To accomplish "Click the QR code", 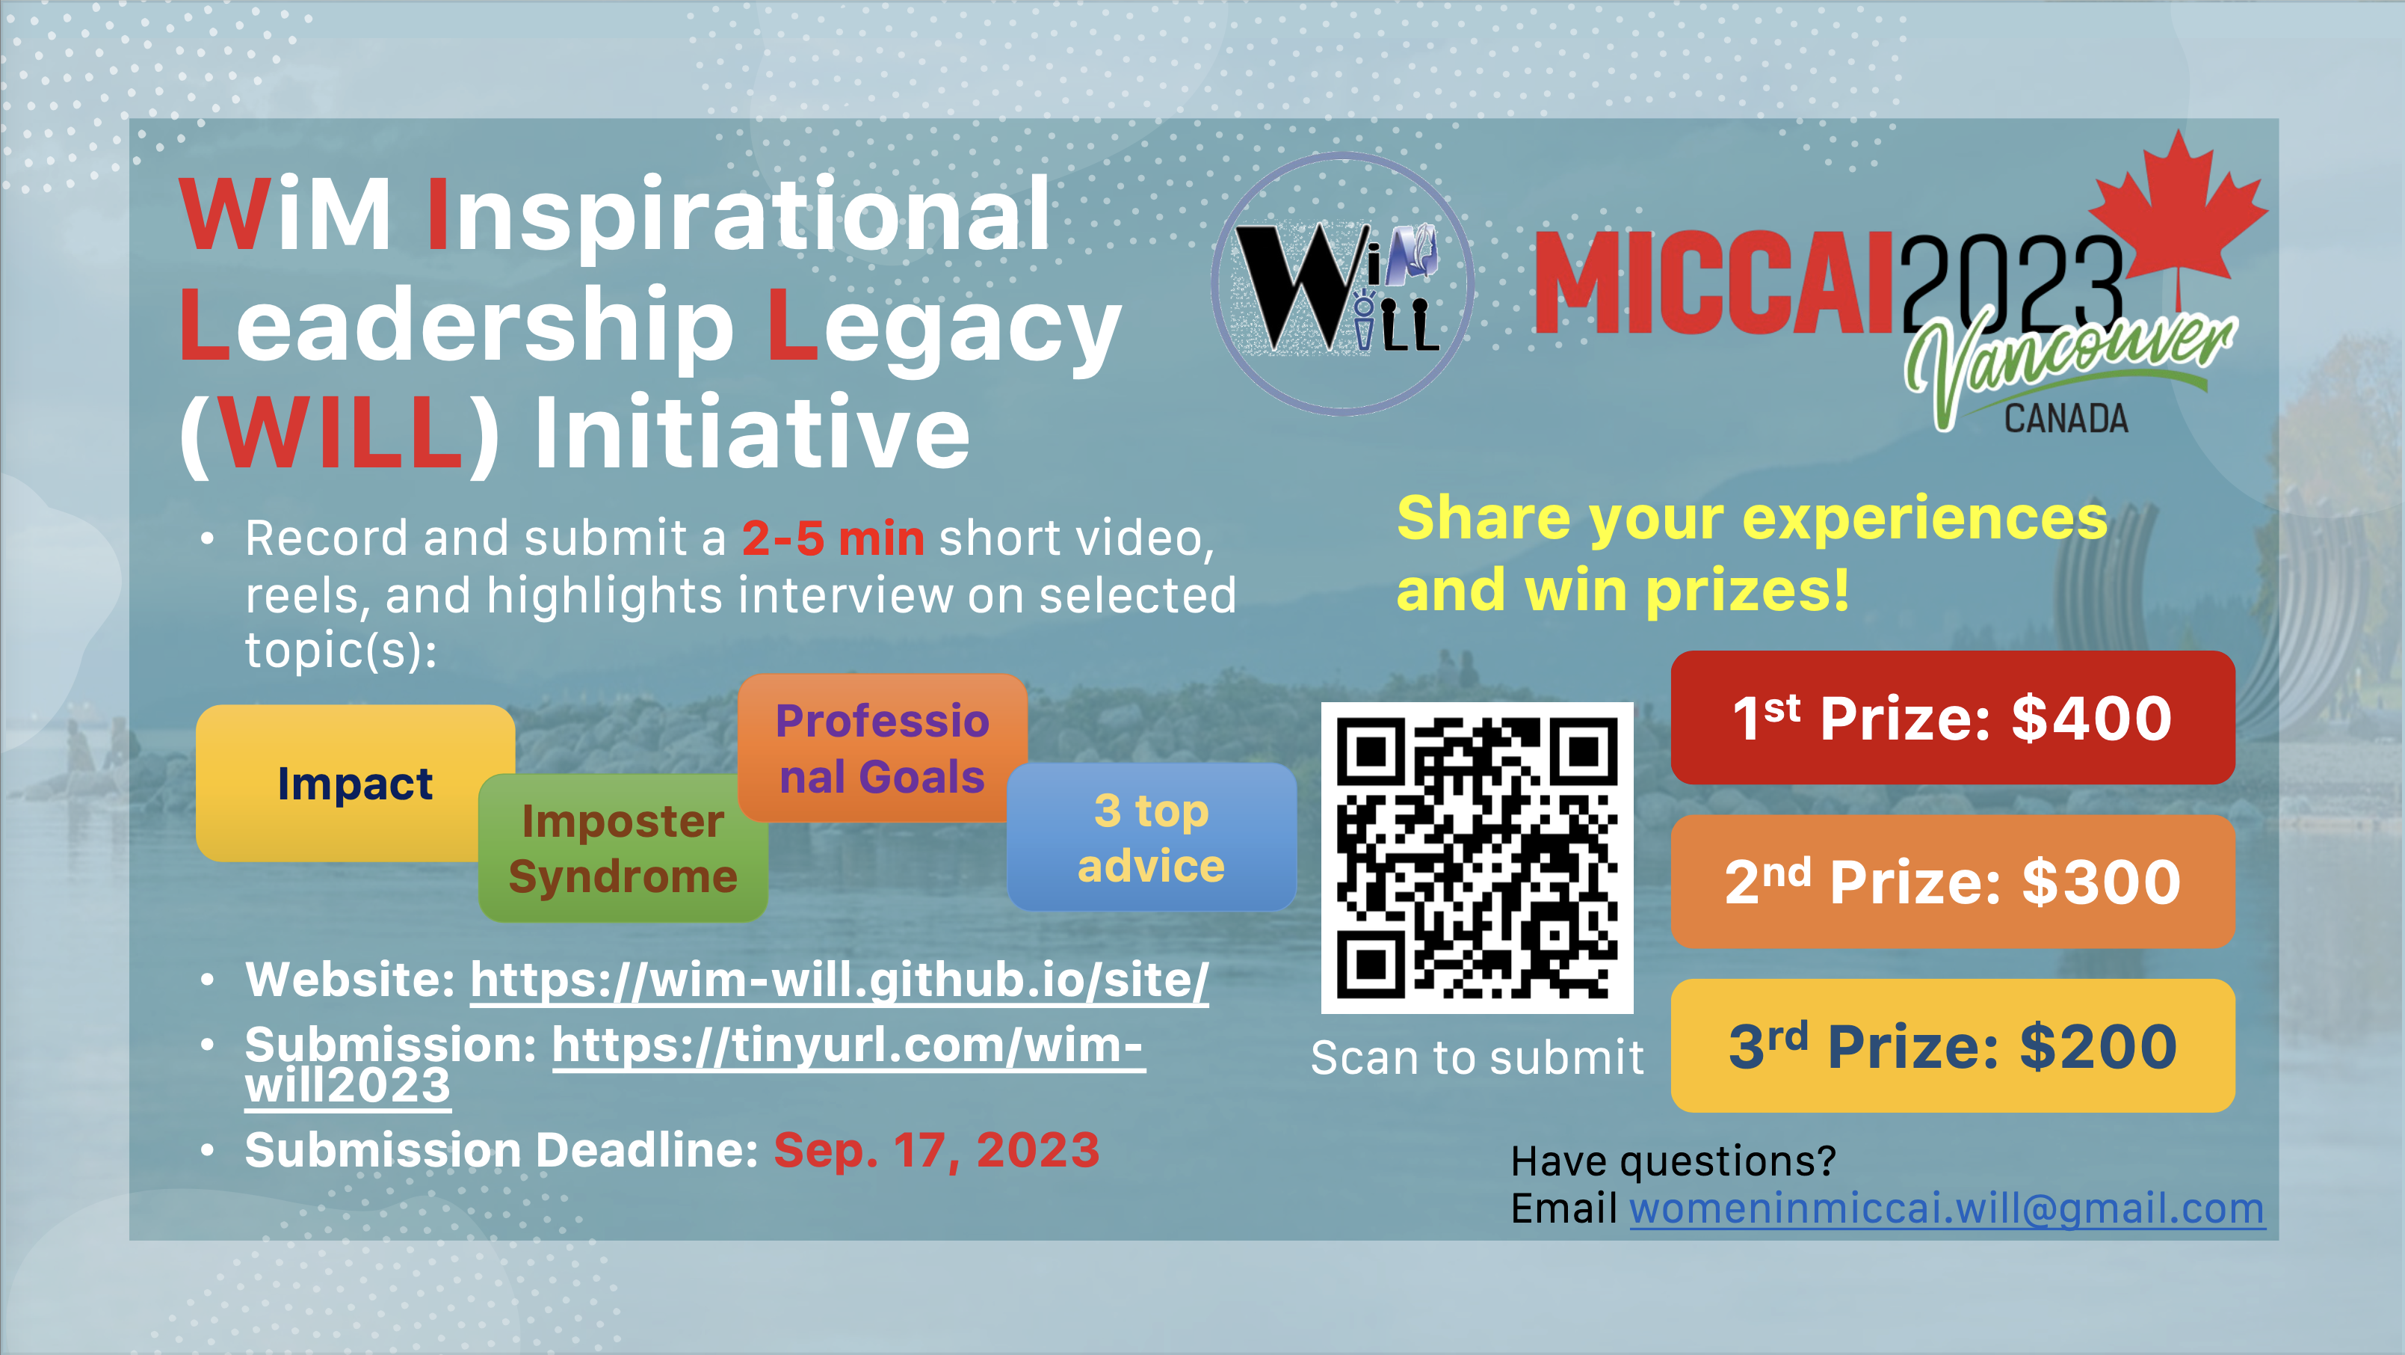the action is pos(1477,857).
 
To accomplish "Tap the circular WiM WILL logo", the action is pos(1342,284).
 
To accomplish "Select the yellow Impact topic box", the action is pos(355,782).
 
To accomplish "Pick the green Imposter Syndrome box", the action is pos(623,848).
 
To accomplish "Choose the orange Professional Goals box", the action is pos(883,748).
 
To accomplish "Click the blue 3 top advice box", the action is pos(1151,838).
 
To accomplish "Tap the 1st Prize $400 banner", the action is pos(1952,717).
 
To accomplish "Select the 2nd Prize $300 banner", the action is pos(1952,881).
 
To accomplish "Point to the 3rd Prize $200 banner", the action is pos(1952,1045).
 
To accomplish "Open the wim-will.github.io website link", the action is pos(839,980).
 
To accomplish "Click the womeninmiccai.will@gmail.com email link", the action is pos(1948,1208).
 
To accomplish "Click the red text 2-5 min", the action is pos(833,539).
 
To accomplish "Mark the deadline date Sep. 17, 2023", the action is pos(936,1149).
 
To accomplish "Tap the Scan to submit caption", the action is pos(1477,1058).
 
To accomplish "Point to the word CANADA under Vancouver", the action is pos(2066,418).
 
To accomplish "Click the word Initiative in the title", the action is pos(752,432).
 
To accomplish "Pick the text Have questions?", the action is pos(1673,1161).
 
